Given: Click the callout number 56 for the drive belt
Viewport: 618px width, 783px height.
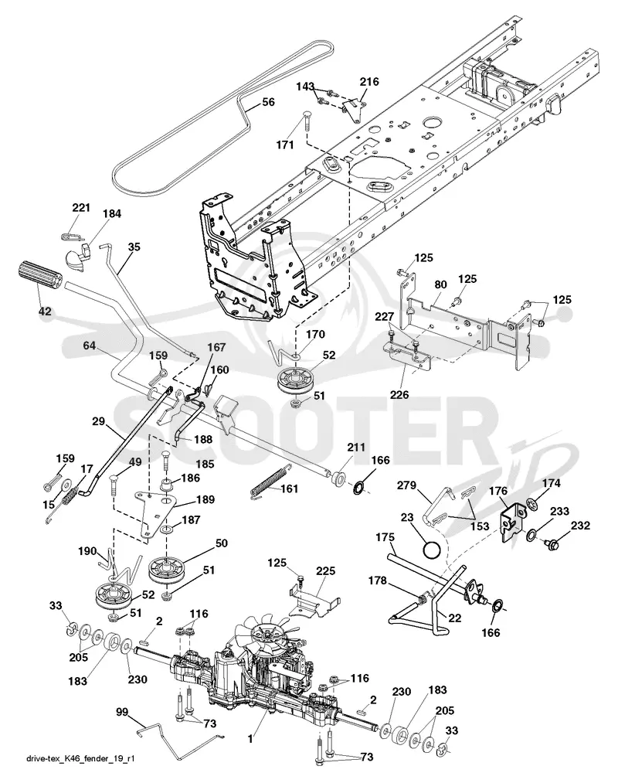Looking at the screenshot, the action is click(268, 102).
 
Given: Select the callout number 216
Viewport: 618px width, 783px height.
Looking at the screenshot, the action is click(369, 82).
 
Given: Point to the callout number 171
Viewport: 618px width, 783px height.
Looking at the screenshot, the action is click(285, 145).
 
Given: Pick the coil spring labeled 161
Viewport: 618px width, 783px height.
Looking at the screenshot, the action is click(269, 482).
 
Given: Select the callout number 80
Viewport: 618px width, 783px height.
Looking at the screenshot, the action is click(440, 285).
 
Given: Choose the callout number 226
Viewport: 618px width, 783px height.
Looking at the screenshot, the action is click(399, 394).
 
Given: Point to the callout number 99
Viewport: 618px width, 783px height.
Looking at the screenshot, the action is click(122, 712).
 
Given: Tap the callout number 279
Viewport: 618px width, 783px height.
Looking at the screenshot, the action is click(406, 485).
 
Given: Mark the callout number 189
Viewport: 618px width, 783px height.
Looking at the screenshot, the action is click(205, 499).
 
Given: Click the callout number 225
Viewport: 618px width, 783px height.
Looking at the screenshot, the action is click(325, 570).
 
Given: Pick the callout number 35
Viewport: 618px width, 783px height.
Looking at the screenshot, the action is click(134, 247).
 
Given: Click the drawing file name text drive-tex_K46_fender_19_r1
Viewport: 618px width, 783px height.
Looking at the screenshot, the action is click(80, 759).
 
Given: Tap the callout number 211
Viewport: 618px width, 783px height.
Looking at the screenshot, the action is click(356, 448).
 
